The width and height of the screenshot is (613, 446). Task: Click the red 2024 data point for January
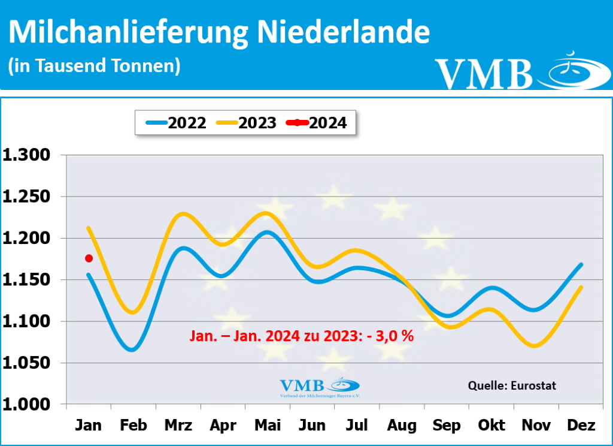pyautogui.click(x=89, y=258)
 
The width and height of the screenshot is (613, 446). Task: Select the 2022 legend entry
pyautogui.click(x=177, y=123)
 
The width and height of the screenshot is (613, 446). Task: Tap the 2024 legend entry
pyautogui.click(x=317, y=123)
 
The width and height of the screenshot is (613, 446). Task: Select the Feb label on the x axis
pyautogui.click(x=133, y=426)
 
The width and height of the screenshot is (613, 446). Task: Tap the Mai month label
pyautogui.click(x=268, y=426)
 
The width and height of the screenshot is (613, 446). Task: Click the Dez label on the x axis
pyautogui.click(x=581, y=426)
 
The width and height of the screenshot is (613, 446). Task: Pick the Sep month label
pyautogui.click(x=447, y=426)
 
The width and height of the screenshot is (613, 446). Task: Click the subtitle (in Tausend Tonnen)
pyautogui.click(x=94, y=65)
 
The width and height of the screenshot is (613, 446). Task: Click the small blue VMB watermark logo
pyautogui.click(x=320, y=387)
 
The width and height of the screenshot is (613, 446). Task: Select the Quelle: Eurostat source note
pyautogui.click(x=512, y=385)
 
